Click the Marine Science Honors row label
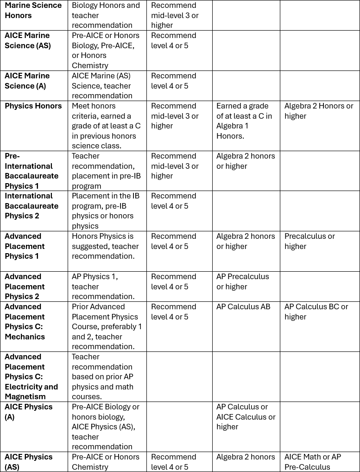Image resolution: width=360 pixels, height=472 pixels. point(33,11)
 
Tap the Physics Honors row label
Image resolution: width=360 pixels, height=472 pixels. point(33,106)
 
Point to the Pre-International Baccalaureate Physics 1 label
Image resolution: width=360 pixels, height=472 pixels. point(32,171)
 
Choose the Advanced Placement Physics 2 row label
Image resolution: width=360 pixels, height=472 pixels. point(25,287)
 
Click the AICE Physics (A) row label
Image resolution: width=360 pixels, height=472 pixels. point(28,412)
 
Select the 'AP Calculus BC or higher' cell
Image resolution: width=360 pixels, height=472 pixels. point(316,312)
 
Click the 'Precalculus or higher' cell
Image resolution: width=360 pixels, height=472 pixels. point(309,241)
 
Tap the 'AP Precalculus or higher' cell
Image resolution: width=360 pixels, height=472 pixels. point(242,281)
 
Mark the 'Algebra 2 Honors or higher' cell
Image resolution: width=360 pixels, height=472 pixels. point(318,111)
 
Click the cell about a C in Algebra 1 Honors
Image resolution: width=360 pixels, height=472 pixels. point(244,121)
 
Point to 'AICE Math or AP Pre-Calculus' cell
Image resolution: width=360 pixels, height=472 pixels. point(313,462)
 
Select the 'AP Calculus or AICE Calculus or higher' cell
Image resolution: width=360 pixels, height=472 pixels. point(246,417)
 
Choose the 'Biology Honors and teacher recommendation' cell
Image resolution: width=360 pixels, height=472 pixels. point(106,15)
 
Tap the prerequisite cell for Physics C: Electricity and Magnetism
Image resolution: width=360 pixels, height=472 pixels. point(102,376)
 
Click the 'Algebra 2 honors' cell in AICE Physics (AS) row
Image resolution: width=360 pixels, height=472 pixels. point(246,457)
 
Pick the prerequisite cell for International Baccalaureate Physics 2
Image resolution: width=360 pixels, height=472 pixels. point(103,211)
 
